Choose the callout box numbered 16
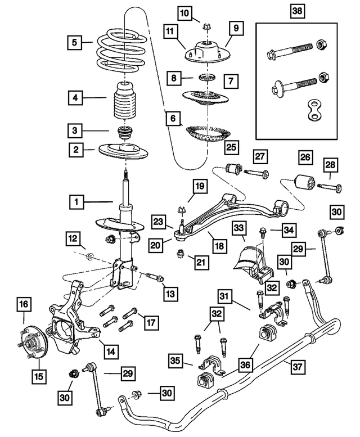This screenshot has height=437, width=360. (x=22, y=305)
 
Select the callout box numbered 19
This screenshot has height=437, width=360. (x=199, y=186)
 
